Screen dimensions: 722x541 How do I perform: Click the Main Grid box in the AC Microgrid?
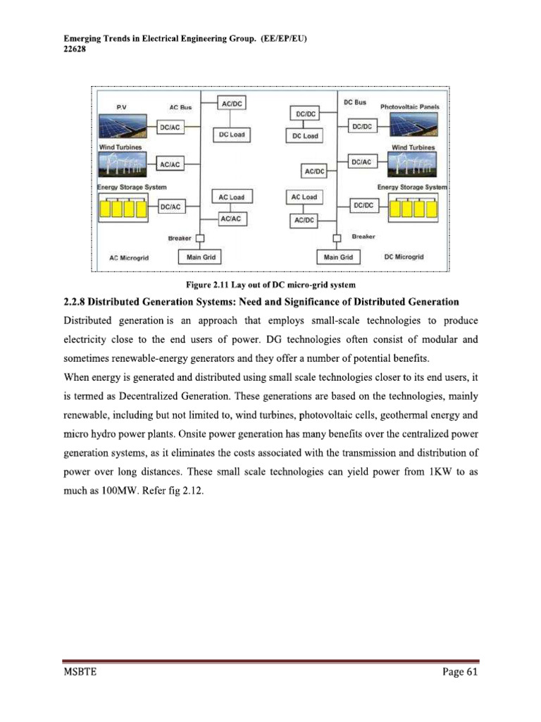tap(201, 257)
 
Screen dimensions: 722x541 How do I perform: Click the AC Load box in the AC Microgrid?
tap(232, 197)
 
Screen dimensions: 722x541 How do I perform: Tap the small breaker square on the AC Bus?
tap(200, 238)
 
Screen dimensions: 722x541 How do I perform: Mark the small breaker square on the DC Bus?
tap(337, 238)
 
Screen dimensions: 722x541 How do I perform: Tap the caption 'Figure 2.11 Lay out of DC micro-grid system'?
tap(270, 285)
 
